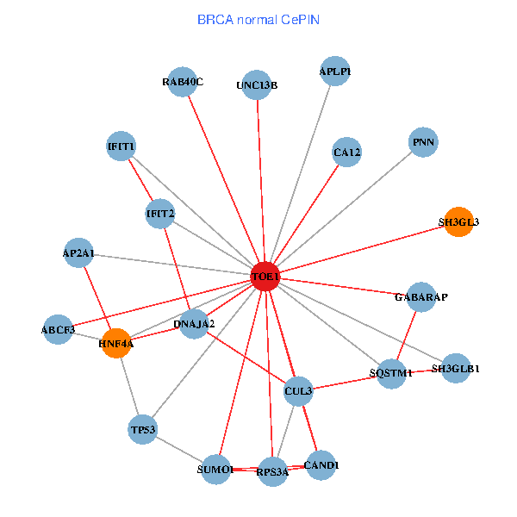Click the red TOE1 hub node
[x=265, y=277]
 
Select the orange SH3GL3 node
[x=458, y=221]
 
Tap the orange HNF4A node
[x=116, y=344]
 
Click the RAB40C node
[x=183, y=82]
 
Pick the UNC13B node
[x=257, y=84]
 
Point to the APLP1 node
[x=335, y=72]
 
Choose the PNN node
[x=423, y=142]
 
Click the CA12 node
[x=346, y=153]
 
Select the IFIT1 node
[x=121, y=146]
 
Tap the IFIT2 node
[x=160, y=213]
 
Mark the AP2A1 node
[x=78, y=253]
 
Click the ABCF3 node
[x=59, y=329]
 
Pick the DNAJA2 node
[x=194, y=324]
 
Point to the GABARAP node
[x=421, y=297]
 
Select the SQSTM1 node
[x=392, y=373]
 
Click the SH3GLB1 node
[x=456, y=369]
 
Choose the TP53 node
[x=142, y=429]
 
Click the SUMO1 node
[x=215, y=470]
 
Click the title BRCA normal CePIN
[x=258, y=18]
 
